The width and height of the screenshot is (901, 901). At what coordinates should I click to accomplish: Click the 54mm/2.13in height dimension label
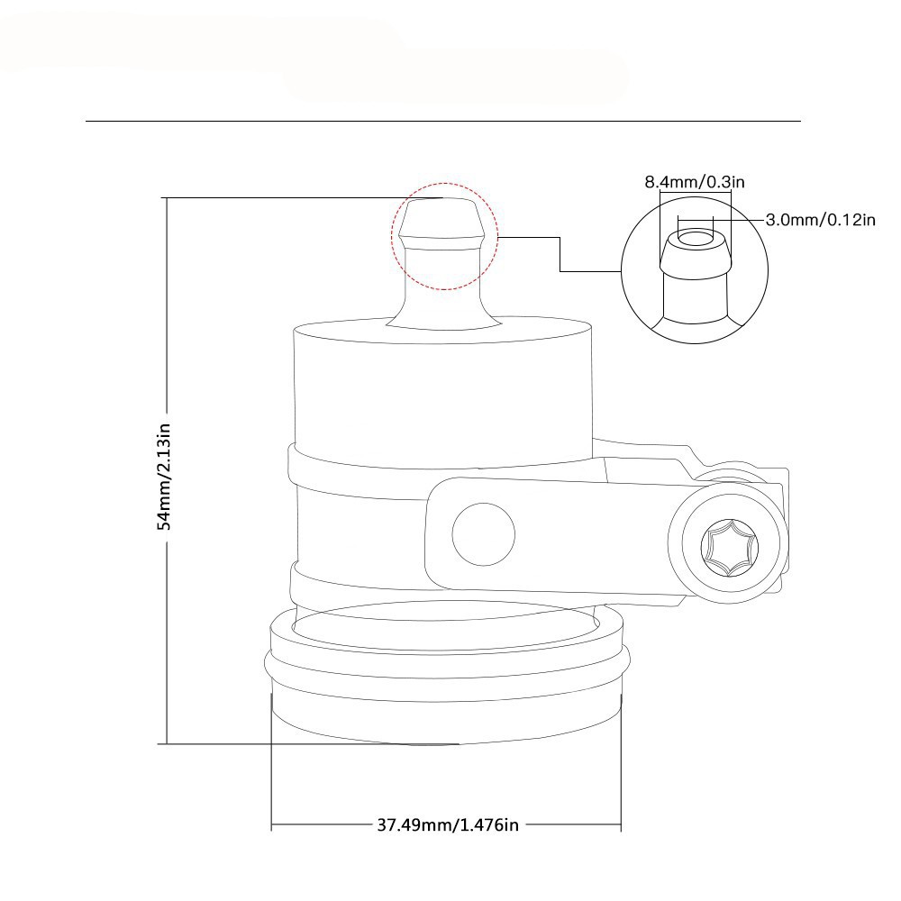pyautogui.click(x=164, y=477)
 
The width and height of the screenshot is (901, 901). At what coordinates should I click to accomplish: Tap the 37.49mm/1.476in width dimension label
pyautogui.click(x=448, y=825)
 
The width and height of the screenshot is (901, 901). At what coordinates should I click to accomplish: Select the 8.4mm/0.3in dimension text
pyautogui.click(x=694, y=182)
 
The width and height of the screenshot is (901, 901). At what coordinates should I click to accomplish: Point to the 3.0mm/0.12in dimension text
pyautogui.click(x=821, y=220)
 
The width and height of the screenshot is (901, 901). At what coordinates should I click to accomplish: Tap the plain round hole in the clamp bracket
pyautogui.click(x=483, y=533)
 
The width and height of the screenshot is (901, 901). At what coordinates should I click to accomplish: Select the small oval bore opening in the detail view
pyautogui.click(x=696, y=239)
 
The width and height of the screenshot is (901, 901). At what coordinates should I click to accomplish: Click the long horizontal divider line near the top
pyautogui.click(x=443, y=122)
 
